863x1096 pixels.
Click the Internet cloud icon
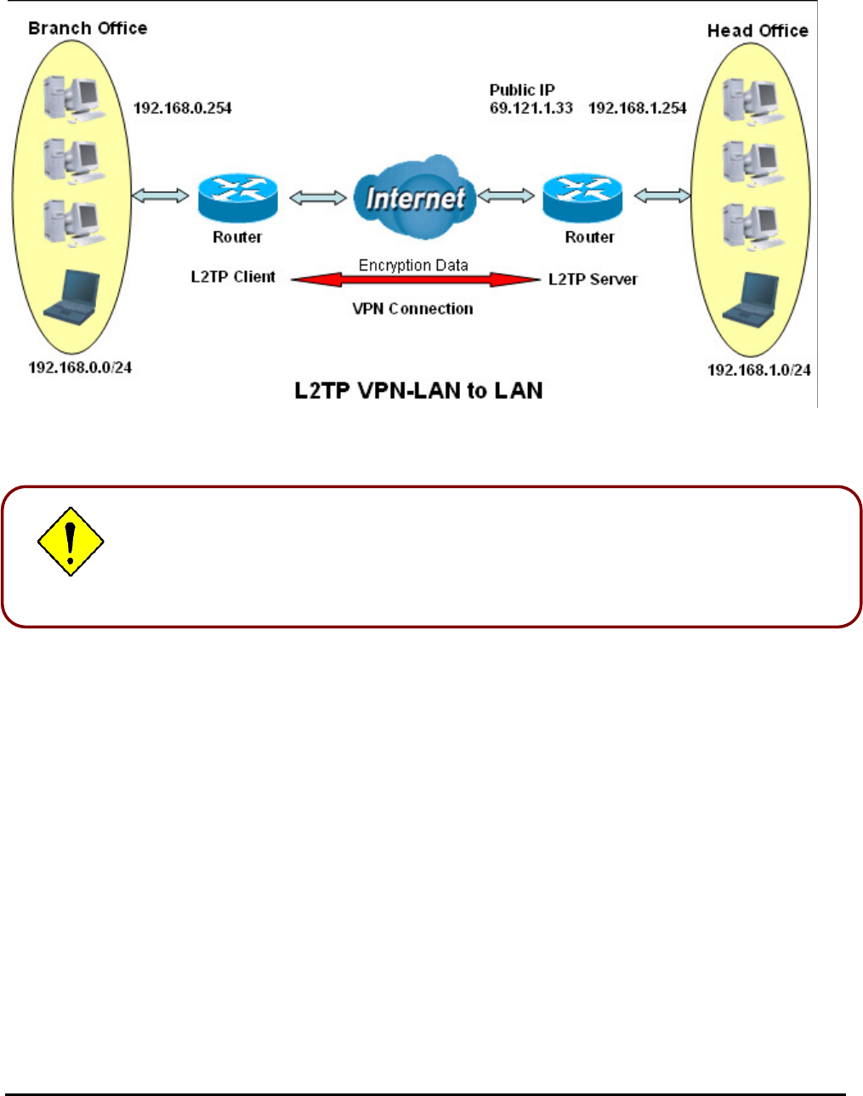[414, 197]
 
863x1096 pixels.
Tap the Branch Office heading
[88, 28]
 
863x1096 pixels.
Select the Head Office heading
[758, 31]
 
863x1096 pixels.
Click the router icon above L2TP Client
[238, 197]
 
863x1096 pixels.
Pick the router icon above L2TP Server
[582, 197]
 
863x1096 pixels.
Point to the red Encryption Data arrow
[415, 280]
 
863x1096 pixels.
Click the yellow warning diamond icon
[71, 542]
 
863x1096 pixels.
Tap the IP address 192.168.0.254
[182, 108]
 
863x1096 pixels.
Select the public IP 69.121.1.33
[531, 108]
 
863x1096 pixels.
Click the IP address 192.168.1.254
[637, 108]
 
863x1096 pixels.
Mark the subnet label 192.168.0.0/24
[80, 367]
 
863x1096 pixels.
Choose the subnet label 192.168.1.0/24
[758, 370]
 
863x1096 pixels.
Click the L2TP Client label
[233, 277]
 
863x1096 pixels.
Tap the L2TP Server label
[593, 279]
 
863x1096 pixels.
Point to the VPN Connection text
[413, 309]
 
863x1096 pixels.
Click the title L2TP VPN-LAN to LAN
[418, 390]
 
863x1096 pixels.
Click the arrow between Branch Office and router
[160, 196]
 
